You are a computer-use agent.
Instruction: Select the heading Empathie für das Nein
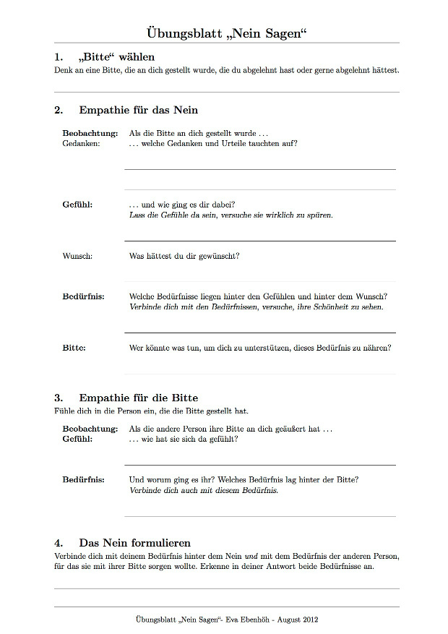click(x=139, y=110)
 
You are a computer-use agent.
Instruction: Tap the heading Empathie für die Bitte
click(x=139, y=398)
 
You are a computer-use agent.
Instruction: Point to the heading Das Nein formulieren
click(x=135, y=542)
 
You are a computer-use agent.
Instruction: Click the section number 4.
click(x=59, y=542)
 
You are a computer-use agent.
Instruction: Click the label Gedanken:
click(x=81, y=143)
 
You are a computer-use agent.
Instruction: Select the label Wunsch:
click(x=77, y=256)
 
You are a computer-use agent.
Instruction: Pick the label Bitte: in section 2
click(x=74, y=348)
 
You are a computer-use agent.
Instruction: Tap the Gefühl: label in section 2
click(x=77, y=205)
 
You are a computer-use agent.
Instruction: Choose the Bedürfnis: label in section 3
click(x=83, y=479)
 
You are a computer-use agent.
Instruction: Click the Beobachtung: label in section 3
click(x=90, y=429)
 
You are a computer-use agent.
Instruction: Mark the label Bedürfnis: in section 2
click(x=83, y=296)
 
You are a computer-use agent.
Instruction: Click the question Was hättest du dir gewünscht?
click(x=184, y=256)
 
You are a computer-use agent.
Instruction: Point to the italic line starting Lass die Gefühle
click(x=231, y=215)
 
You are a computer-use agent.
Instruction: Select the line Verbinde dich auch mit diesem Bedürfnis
click(x=203, y=490)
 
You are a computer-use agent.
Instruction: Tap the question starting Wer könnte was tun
click(x=260, y=348)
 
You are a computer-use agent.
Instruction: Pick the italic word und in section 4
click(x=251, y=556)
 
